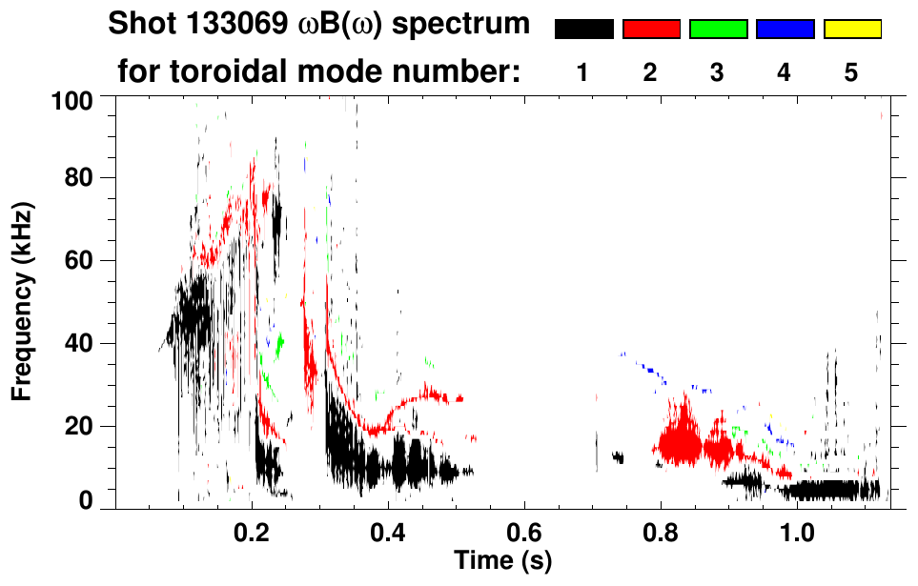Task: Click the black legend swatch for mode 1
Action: pos(583,30)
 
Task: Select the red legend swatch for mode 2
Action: pos(651,30)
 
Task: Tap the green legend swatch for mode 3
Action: pos(718,30)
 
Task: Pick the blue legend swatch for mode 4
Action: pos(785,30)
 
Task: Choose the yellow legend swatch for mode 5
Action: pos(852,30)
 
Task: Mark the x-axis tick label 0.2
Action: pos(252,532)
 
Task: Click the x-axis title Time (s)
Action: pos(502,559)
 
